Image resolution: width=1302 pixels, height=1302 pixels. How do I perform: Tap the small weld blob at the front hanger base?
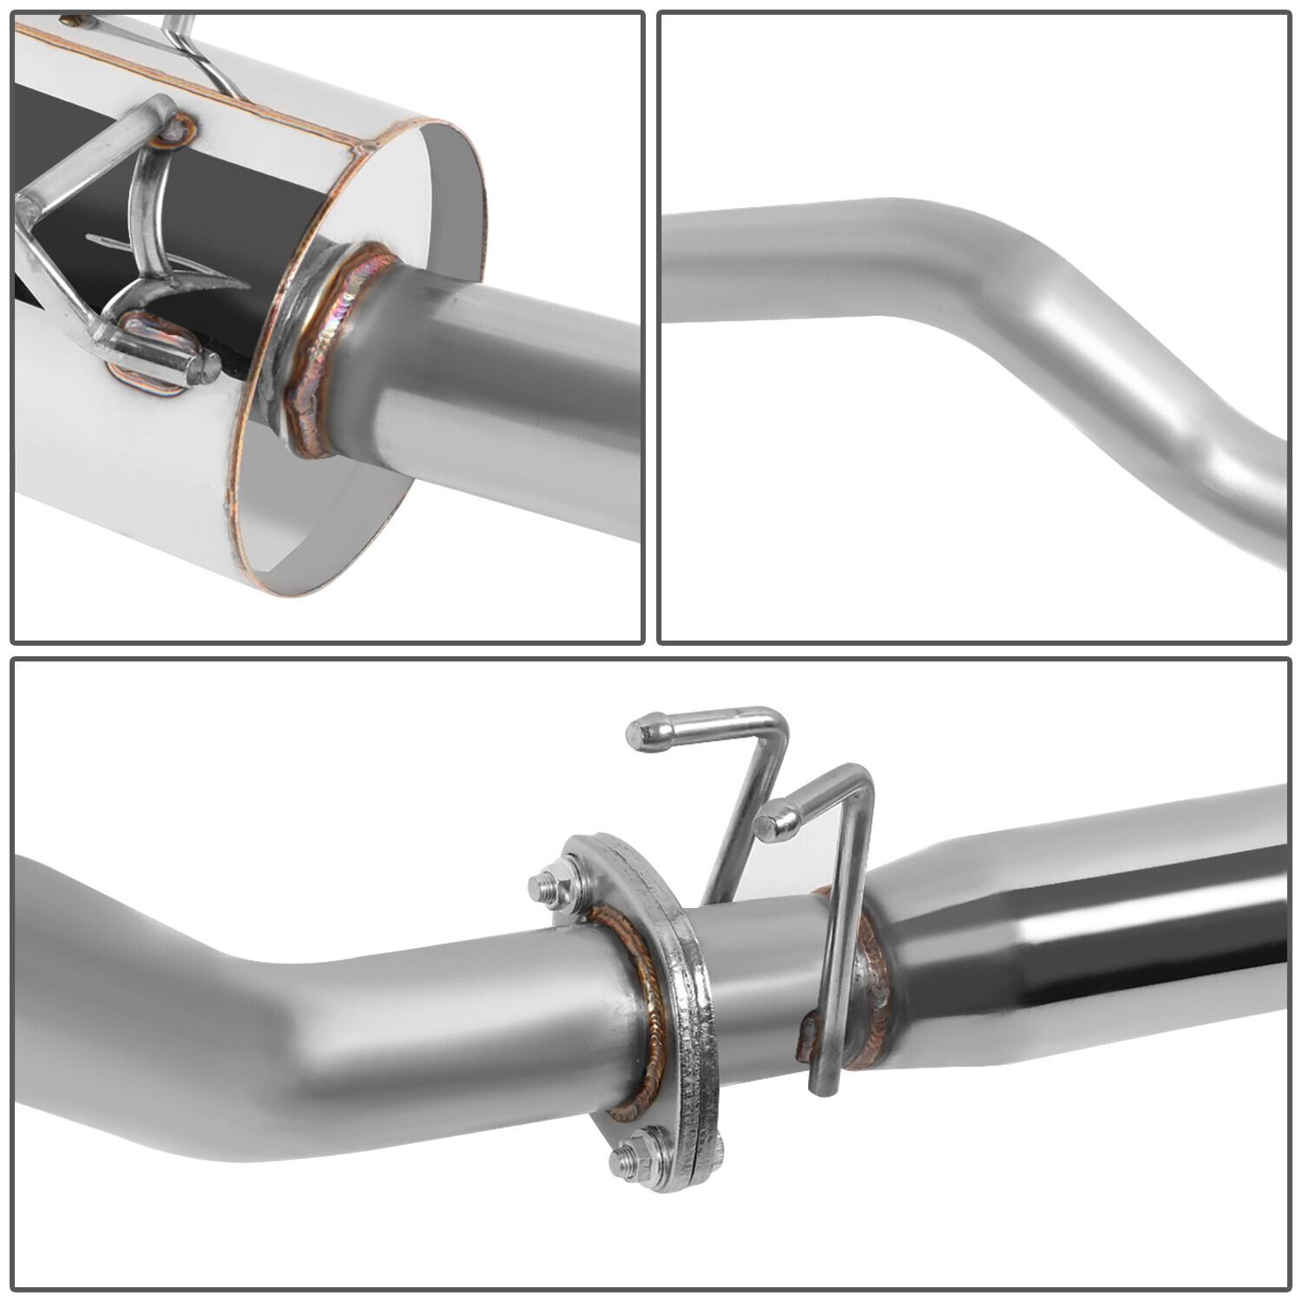[x=807, y=1033]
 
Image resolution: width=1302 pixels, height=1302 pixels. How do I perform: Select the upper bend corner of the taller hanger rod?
[x=775, y=720]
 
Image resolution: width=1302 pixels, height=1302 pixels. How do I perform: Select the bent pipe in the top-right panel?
[x=998, y=286]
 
